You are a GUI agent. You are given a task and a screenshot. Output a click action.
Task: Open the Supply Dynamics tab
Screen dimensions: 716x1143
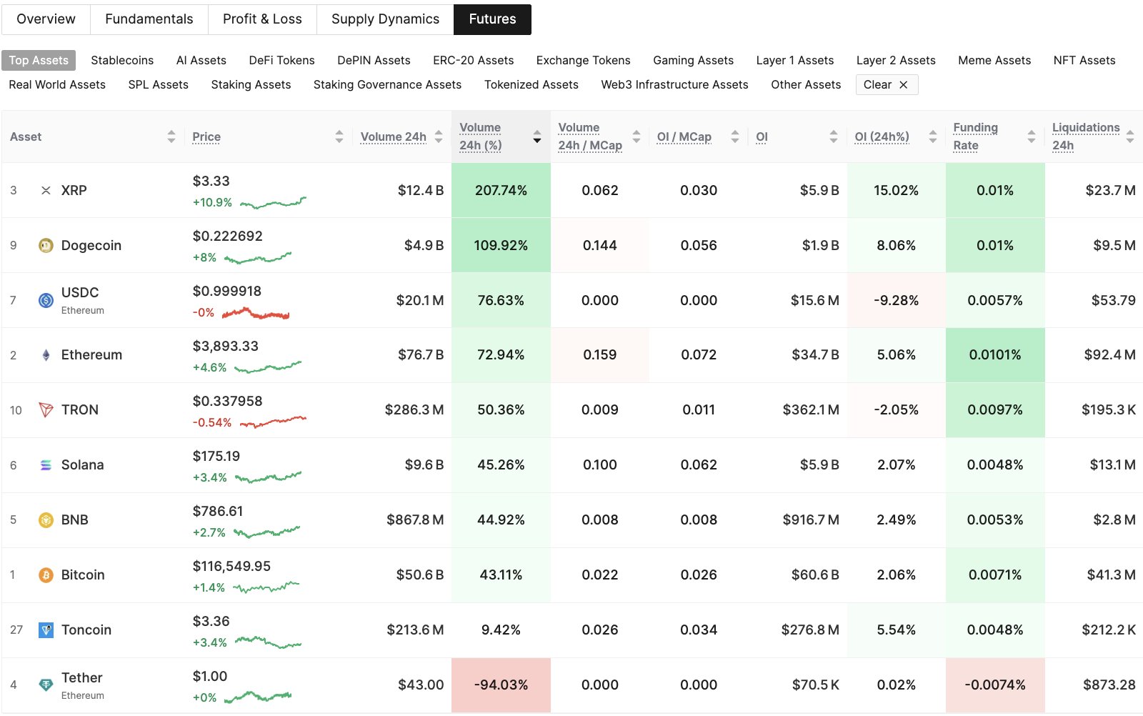point(385,19)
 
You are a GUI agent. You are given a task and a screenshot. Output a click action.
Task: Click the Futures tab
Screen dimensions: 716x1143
point(492,19)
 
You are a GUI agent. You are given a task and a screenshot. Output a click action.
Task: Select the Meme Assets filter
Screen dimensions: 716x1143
point(994,60)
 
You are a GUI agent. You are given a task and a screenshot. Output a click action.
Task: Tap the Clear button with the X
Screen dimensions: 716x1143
point(886,84)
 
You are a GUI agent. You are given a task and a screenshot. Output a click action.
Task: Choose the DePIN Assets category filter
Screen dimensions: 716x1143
point(374,60)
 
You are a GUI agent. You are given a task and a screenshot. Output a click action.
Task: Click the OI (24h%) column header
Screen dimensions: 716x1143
point(882,136)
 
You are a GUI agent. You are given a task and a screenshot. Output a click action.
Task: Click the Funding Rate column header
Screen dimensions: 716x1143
point(975,136)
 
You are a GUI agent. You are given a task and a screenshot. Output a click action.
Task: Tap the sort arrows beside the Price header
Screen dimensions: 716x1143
point(339,136)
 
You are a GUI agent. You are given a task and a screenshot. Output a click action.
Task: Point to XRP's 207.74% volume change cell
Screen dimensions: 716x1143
point(501,190)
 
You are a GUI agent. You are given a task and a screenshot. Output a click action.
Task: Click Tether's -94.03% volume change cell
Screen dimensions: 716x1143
point(501,685)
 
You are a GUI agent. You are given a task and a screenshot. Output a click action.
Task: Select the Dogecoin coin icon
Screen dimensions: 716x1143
point(46,245)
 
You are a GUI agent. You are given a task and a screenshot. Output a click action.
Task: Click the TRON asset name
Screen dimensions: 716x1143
point(80,409)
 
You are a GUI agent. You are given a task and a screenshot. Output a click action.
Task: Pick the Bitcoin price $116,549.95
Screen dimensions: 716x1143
point(231,566)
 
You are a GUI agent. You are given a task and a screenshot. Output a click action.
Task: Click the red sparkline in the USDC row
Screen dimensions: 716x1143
point(256,313)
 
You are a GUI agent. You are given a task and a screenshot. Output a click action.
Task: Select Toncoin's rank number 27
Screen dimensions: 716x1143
point(16,630)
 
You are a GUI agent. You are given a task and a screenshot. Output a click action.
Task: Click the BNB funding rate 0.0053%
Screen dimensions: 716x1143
point(994,519)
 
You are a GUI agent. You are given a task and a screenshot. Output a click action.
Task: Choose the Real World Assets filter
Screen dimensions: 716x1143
point(57,84)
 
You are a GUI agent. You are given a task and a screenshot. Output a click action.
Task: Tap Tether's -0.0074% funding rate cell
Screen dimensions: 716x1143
point(994,685)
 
